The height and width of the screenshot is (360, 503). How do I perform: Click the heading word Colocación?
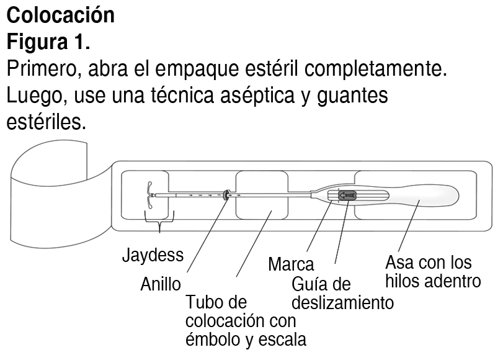pyautogui.click(x=60, y=15)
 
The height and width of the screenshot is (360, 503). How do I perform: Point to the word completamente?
pyautogui.click(x=383, y=69)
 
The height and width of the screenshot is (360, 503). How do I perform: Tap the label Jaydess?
pyautogui.click(x=153, y=255)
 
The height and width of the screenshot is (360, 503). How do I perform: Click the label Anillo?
pyautogui.click(x=160, y=284)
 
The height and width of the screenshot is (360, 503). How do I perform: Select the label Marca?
pyautogui.click(x=291, y=264)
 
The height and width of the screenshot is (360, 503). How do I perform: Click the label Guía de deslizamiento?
pyautogui.click(x=342, y=294)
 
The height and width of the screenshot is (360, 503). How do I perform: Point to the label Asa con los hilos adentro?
pyautogui.click(x=432, y=271)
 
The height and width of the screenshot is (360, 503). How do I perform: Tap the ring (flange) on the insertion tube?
pyautogui.click(x=226, y=195)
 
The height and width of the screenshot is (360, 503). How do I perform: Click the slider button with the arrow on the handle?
pyautogui.click(x=347, y=196)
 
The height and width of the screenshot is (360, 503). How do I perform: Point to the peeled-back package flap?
pyautogui.click(x=53, y=199)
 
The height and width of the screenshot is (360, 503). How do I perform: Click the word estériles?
pyautogui.click(x=45, y=122)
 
